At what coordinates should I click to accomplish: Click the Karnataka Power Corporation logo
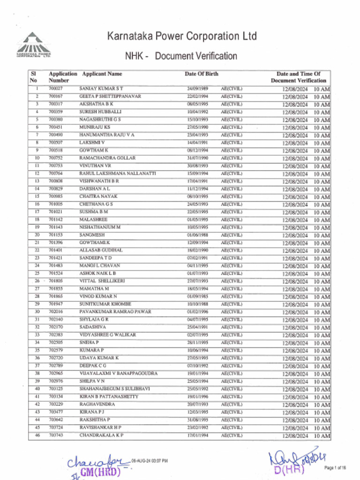click(x=34, y=45)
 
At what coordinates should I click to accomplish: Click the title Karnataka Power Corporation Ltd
click(x=182, y=36)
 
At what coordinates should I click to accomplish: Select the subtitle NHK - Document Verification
click(x=181, y=56)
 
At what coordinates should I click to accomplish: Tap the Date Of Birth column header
click(x=201, y=74)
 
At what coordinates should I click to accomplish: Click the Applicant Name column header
click(x=102, y=74)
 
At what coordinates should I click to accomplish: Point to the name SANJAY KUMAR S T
click(x=101, y=88)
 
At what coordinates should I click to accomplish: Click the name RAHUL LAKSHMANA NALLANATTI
click(x=117, y=173)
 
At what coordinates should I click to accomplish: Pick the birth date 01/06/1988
click(x=197, y=235)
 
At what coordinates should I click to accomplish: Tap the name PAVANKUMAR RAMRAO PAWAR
click(x=115, y=312)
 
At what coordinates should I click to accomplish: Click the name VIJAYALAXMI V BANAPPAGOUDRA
click(x=118, y=374)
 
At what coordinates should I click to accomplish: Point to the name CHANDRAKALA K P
click(x=101, y=435)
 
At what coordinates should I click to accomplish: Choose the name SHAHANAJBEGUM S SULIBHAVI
click(x=114, y=389)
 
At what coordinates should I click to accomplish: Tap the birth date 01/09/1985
click(x=197, y=297)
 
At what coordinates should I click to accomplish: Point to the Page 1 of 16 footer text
click(x=335, y=468)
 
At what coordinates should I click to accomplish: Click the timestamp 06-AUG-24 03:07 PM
click(x=150, y=461)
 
